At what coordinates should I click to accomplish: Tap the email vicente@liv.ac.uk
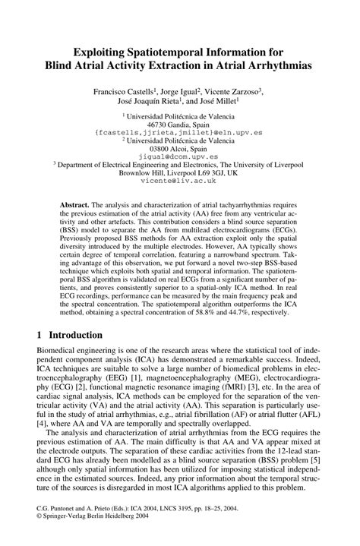[x=179, y=184]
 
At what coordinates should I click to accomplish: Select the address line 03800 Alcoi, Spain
[x=179, y=149]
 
